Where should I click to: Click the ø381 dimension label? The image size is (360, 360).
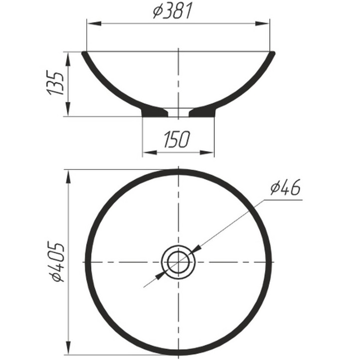pyautogui.click(x=173, y=11)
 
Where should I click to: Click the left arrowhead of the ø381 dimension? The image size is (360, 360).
pyautogui.click(x=93, y=23)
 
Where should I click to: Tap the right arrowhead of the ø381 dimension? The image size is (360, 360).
pyautogui.click(x=264, y=23)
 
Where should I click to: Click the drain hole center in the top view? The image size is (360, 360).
pyautogui.click(x=179, y=262)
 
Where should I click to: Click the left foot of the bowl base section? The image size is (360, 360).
pyautogui.click(x=154, y=112)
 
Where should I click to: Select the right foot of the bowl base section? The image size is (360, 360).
pyautogui.click(x=203, y=112)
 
